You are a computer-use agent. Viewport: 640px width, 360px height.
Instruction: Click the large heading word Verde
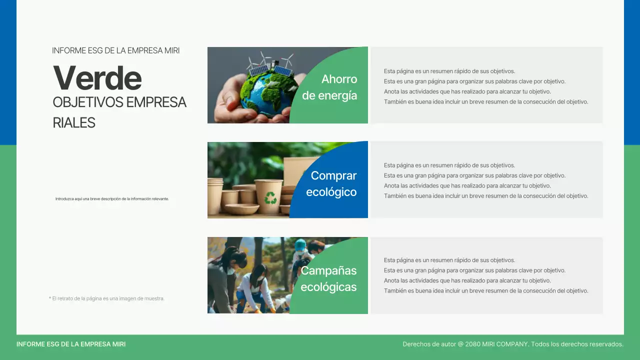click(x=97, y=78)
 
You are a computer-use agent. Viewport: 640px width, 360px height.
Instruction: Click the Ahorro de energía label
click(x=330, y=87)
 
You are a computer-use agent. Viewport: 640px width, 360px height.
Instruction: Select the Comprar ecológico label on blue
click(x=331, y=183)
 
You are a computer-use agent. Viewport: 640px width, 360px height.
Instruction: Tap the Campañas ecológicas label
click(x=328, y=278)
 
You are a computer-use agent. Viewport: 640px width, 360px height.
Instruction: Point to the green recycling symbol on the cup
click(x=270, y=198)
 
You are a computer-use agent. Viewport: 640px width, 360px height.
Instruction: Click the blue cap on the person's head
click(x=300, y=244)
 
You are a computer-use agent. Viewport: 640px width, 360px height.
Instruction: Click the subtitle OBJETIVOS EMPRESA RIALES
click(x=119, y=112)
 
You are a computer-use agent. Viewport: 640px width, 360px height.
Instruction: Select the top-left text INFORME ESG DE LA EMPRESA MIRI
click(x=115, y=50)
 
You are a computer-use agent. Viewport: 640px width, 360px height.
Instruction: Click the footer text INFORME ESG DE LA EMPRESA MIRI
click(x=71, y=344)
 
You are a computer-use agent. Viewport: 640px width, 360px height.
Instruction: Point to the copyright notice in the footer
click(x=513, y=344)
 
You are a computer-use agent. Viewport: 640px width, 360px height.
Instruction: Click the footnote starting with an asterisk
click(x=106, y=298)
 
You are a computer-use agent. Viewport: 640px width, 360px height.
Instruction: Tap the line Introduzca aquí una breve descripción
click(x=112, y=198)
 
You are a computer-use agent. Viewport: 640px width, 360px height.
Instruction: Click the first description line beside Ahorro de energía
click(x=449, y=71)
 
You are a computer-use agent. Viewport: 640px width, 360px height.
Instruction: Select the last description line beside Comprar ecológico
click(x=486, y=196)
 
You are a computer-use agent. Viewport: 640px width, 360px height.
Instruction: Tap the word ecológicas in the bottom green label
click(x=328, y=287)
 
